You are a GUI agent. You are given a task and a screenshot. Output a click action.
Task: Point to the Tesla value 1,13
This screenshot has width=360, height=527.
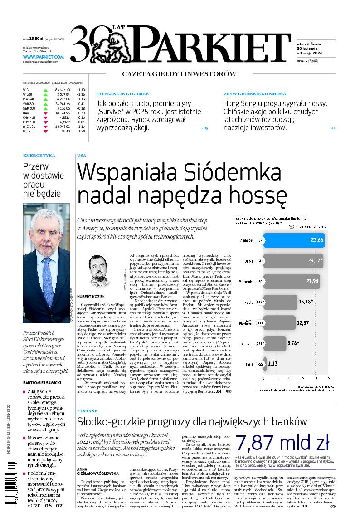272,364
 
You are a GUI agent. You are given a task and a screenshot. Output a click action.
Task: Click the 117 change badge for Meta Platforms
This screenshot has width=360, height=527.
260,323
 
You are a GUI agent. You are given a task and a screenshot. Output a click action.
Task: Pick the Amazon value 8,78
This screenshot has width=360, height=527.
294,343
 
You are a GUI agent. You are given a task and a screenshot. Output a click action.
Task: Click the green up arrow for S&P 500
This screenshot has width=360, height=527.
45,108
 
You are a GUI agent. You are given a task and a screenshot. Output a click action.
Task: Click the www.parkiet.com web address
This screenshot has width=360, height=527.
43,57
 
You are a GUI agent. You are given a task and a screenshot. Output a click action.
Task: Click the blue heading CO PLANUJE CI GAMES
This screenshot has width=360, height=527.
122,94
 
